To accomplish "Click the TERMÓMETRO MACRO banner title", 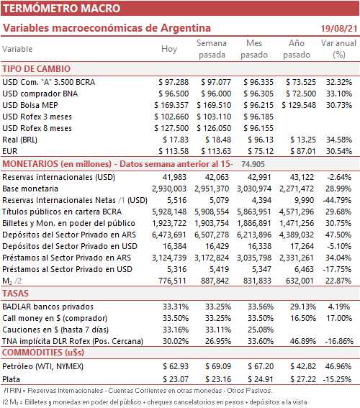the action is point(62,9).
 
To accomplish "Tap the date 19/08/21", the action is point(338,28).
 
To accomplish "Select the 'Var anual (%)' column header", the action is point(338,49).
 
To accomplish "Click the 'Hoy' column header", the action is point(169,49).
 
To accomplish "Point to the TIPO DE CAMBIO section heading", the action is point(37,69).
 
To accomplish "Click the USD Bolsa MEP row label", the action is point(30,105).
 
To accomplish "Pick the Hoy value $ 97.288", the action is point(174,82).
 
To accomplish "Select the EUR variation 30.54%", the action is point(339,151).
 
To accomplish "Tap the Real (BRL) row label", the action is point(19,140).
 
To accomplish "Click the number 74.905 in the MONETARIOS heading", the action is point(253,164).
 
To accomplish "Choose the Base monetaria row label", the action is point(30,189).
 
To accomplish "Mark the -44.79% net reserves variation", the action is point(338,200).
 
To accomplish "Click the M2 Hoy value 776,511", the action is point(172,281).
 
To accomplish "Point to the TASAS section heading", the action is point(15,294).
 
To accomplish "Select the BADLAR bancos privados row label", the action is point(48,307).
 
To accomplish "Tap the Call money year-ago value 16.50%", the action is point(303,318).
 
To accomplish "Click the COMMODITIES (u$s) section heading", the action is point(43,353).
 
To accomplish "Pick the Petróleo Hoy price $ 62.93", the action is point(176,366).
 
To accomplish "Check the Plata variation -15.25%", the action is point(338,379).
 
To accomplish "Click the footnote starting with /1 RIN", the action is point(138,391).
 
